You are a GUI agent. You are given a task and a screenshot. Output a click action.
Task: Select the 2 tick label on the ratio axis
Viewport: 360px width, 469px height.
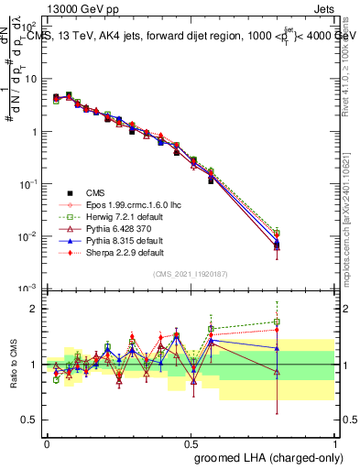32,309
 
